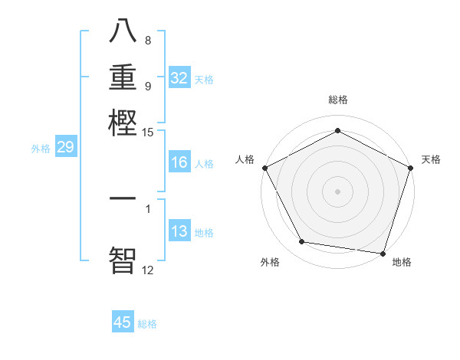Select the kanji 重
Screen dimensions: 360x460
[123, 77]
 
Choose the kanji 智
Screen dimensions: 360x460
[123, 259]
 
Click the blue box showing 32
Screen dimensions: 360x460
[179, 78]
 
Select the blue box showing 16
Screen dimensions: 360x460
[179, 162]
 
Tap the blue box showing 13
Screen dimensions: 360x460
[179, 231]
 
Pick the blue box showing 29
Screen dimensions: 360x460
[65, 147]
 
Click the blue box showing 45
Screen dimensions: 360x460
[123, 322]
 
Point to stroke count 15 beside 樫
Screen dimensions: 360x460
[148, 133]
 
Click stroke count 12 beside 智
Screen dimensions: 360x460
[148, 270]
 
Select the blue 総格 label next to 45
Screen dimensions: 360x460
[147, 324]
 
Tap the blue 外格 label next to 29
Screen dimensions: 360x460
[41, 149]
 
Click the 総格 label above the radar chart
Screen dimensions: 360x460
[337, 100]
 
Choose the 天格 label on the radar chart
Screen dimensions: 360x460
[431, 159]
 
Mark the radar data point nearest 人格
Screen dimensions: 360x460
[264, 168]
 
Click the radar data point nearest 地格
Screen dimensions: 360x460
[383, 253]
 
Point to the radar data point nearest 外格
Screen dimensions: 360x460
[302, 242]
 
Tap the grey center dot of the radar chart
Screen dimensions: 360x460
[337, 191]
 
